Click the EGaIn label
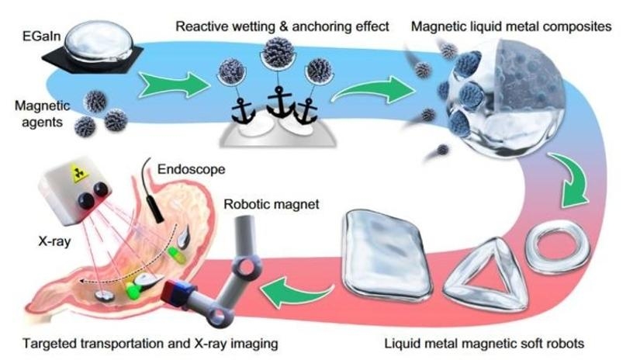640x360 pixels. tap(41, 36)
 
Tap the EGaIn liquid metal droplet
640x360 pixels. tap(99, 43)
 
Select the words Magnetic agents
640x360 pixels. tap(42, 114)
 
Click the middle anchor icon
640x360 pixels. tap(279, 101)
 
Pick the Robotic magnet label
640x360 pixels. tap(272, 204)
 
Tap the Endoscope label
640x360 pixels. tap(191, 169)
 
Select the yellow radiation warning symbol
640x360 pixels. tap(80, 174)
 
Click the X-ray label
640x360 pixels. tap(55, 241)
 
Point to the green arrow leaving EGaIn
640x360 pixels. tap(175, 85)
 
